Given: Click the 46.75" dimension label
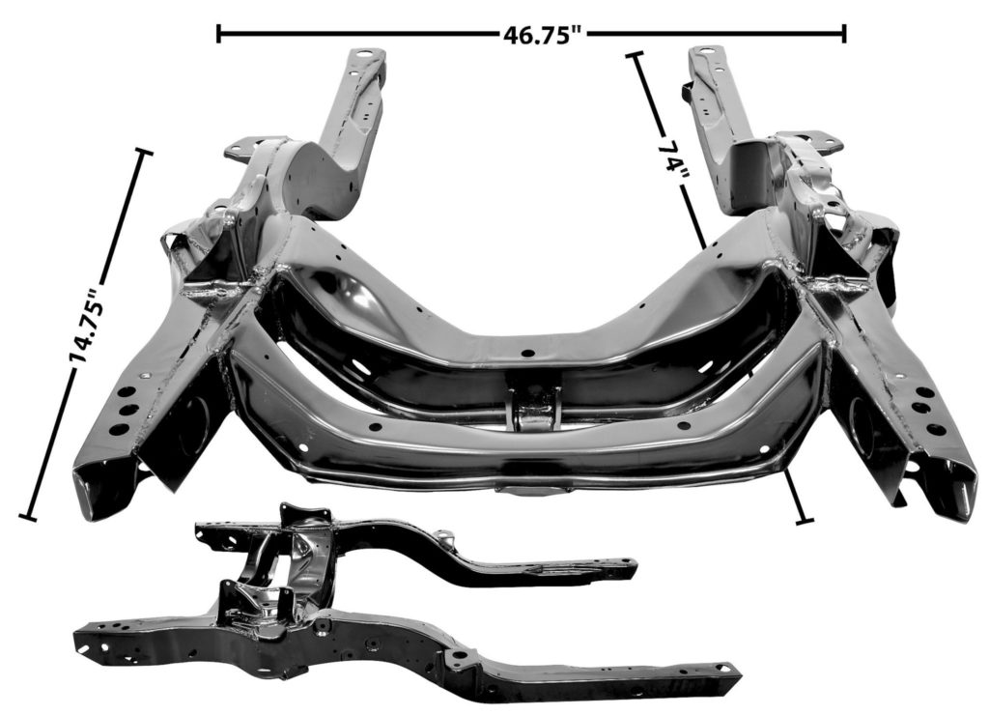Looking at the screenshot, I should pyautogui.click(x=544, y=35).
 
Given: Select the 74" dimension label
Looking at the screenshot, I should pyautogui.click(x=669, y=157).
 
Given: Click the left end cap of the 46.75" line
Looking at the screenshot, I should pyautogui.click(x=219, y=34).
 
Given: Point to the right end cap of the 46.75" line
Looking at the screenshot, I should pyautogui.click(x=844, y=34).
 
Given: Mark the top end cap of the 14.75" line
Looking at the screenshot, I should pyautogui.click(x=144, y=152).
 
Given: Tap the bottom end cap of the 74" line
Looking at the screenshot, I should pyautogui.click(x=803, y=522).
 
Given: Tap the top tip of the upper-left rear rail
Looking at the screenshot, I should pyautogui.click(x=367, y=56).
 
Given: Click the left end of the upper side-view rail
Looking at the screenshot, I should pyautogui.click(x=200, y=529).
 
